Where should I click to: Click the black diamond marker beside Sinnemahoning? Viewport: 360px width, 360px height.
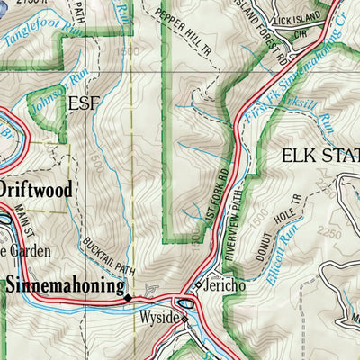(128, 297)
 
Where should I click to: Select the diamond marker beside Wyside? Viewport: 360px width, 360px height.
(184, 319)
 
